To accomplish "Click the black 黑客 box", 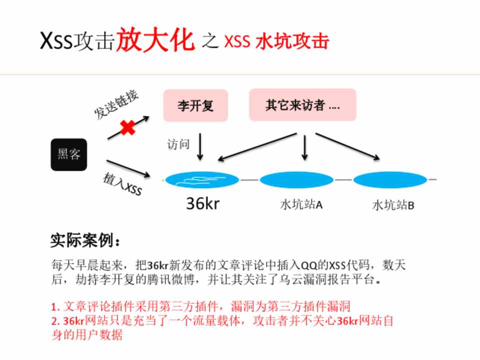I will point(68,154).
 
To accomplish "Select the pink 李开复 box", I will point(195,105).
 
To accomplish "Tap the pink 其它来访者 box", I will point(302,105).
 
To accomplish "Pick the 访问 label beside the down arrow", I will point(178,144).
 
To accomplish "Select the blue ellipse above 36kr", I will point(202,179).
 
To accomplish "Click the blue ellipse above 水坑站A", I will point(296,179).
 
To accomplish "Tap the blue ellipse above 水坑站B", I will point(390,179).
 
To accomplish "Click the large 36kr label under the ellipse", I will point(202,203).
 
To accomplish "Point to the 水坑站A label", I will point(300,204).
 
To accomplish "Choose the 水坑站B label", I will point(393,205).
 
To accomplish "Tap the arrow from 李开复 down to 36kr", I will point(200,146).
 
